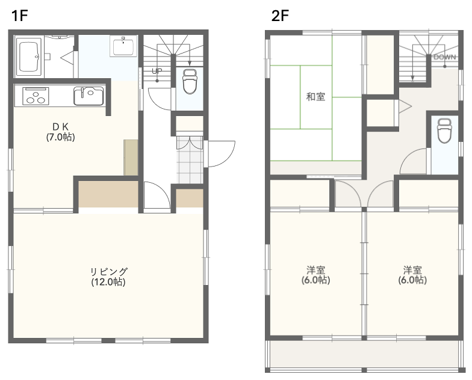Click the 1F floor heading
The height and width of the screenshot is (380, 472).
pos(19,16)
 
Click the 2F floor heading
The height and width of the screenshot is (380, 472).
pos(280,16)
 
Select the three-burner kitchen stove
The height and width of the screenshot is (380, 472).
pos(36,96)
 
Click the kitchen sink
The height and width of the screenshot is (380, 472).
pos(88,96)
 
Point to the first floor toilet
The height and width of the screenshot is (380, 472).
pos(189,81)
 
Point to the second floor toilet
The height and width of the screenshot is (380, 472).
pos(444,131)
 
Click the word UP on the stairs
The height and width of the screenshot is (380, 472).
pos(157,71)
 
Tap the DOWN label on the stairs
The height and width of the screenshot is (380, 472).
pos(444,57)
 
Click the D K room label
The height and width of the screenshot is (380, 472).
pos(60,127)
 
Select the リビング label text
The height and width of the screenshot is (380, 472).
pos(109,272)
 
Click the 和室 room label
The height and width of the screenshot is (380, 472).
pos(315,97)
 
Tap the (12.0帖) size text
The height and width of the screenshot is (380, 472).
pos(108,282)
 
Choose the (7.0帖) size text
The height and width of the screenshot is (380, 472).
pos(60,137)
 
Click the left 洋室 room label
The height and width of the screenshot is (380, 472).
pos(315,270)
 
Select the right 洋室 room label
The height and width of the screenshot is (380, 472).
pos(413,270)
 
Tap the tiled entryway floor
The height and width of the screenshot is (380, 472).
pos(190,160)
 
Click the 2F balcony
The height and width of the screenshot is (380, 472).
pos(364,354)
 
